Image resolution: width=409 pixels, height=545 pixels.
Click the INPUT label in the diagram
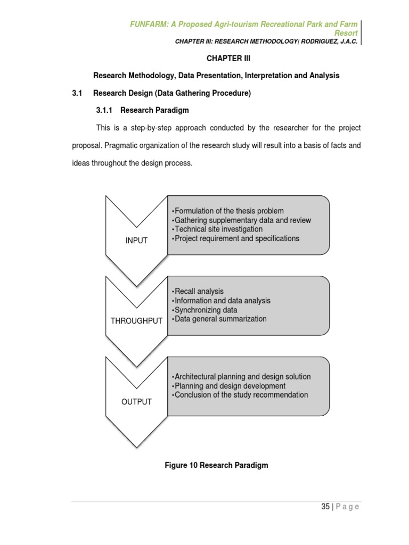tap(136, 241)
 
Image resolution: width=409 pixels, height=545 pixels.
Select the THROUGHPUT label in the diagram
tap(136, 321)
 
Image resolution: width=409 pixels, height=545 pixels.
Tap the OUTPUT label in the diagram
tap(136, 402)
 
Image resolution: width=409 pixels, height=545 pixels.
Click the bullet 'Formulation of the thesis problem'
tap(229, 211)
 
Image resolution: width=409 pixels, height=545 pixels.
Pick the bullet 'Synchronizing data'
tap(206, 310)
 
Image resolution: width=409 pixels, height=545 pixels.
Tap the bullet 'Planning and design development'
tap(230, 386)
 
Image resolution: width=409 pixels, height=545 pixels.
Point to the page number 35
tap(325, 507)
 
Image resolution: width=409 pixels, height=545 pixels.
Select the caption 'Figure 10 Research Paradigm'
tap(216, 465)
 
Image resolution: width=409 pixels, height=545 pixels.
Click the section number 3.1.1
tap(105, 111)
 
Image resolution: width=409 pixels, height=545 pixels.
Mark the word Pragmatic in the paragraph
tap(123, 145)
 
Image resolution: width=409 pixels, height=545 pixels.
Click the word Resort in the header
tap(346, 33)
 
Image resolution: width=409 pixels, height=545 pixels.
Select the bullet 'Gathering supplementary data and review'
tap(243, 220)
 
